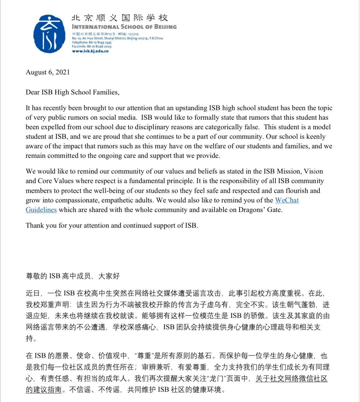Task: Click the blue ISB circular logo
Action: coord(50,34)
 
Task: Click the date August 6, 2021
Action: coord(48,72)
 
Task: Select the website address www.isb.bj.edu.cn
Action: coord(90,51)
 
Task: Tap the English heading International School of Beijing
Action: coord(124,27)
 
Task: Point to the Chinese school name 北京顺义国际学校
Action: coord(120,18)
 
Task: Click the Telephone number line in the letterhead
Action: coord(92,42)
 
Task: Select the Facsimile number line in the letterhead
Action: coord(92,47)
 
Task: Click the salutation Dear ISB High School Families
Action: coord(72,92)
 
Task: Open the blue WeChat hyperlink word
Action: coord(287,200)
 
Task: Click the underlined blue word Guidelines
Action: coord(41,210)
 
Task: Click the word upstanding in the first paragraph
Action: coord(188,108)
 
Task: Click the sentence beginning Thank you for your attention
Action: coord(112,225)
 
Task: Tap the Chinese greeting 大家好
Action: coord(109,276)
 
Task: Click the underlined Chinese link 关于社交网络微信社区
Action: coord(291,379)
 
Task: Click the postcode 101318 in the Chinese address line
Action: coord(133,34)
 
